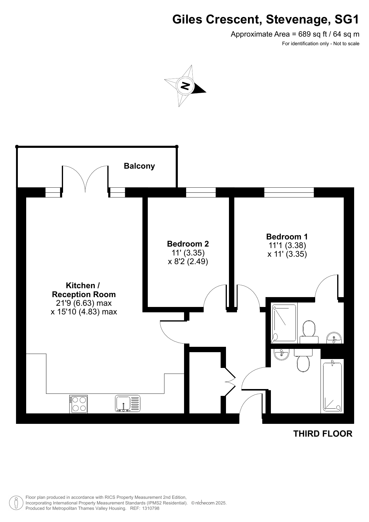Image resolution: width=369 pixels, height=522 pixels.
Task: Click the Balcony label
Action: click(x=139, y=166)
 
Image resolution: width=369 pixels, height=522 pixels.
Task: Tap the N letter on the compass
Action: click(x=185, y=86)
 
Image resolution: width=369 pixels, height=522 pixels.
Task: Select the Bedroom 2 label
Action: click(x=188, y=244)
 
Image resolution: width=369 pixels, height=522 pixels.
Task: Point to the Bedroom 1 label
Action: click(x=287, y=237)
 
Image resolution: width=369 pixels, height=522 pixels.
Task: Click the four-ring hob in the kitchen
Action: click(x=78, y=404)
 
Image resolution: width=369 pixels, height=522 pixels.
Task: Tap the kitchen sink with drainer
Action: click(x=128, y=404)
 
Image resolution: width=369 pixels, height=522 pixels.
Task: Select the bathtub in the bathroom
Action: click(x=332, y=386)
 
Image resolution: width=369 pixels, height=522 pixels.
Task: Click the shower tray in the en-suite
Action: click(x=284, y=323)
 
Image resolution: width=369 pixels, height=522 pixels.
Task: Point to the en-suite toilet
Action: click(x=309, y=332)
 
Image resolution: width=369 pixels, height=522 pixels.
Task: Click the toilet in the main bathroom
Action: click(x=303, y=360)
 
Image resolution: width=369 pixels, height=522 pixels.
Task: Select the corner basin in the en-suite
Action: click(x=334, y=338)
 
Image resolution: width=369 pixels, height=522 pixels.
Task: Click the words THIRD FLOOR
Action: click(x=323, y=434)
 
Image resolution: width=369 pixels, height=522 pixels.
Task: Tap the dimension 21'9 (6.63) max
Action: click(x=84, y=303)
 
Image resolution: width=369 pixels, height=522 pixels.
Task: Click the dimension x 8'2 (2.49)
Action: click(x=188, y=261)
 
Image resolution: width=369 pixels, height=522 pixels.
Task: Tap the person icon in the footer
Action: click(x=16, y=503)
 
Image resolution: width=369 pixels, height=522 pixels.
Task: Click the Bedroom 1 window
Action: click(x=289, y=192)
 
